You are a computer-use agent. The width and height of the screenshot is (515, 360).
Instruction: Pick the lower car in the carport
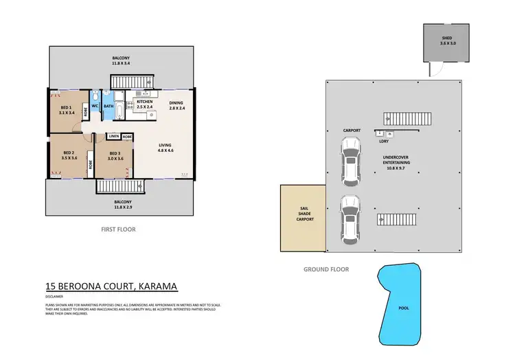(x=350, y=219)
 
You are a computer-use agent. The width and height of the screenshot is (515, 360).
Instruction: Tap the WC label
(x=95, y=106)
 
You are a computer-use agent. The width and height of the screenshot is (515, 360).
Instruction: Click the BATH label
(x=108, y=106)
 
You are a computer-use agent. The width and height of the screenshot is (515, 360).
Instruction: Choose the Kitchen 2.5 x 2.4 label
(x=145, y=104)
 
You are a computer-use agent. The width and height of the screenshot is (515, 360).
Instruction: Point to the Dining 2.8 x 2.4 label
(x=176, y=106)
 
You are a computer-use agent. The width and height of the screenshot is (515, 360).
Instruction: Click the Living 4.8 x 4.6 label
(x=165, y=148)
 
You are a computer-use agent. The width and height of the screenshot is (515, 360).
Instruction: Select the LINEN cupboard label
(x=113, y=137)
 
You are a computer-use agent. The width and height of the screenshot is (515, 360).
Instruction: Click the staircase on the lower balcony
(x=120, y=187)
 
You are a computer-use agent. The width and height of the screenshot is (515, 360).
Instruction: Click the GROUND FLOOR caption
(x=326, y=269)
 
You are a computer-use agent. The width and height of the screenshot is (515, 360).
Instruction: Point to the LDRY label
(x=385, y=142)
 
